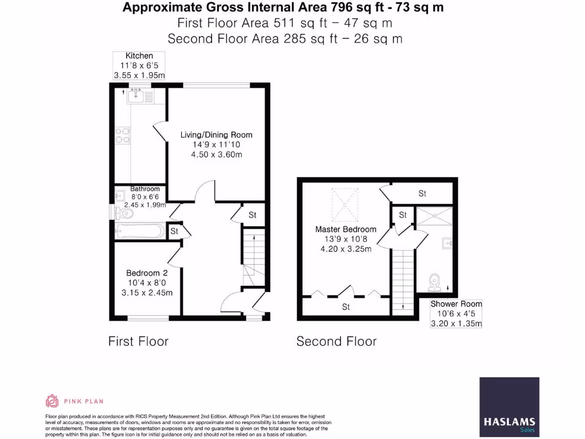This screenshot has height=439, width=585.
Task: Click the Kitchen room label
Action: [x=139, y=56]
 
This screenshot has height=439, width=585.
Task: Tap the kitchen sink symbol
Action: [x=136, y=95]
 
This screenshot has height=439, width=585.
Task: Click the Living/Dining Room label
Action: [x=216, y=135]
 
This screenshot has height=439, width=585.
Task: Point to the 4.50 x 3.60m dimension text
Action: [x=216, y=154]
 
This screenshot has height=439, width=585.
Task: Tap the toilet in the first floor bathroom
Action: [x=125, y=214]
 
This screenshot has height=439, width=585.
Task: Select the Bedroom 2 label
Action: [x=147, y=273]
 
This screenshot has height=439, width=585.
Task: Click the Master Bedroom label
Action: [x=346, y=229]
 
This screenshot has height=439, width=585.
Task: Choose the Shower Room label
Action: [x=456, y=304]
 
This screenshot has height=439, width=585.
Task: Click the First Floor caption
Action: [x=138, y=341]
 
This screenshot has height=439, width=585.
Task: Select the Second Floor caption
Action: [x=336, y=341]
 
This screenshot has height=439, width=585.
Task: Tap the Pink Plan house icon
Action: [x=53, y=401]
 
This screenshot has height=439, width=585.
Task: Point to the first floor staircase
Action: [x=254, y=257]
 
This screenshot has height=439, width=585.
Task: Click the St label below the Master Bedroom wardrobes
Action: [x=346, y=307]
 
